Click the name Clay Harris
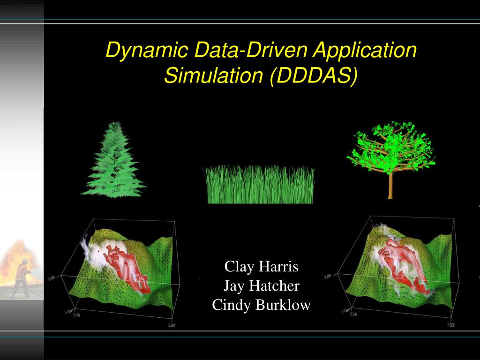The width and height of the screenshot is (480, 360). pos(261,267)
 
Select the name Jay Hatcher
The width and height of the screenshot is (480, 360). pos(261,286)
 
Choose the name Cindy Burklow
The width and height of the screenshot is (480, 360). pos(261,305)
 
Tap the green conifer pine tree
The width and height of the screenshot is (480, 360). pos(113,164)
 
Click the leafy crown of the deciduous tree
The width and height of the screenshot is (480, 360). pos(390,145)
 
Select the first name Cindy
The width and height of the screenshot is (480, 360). pos(227,305)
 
